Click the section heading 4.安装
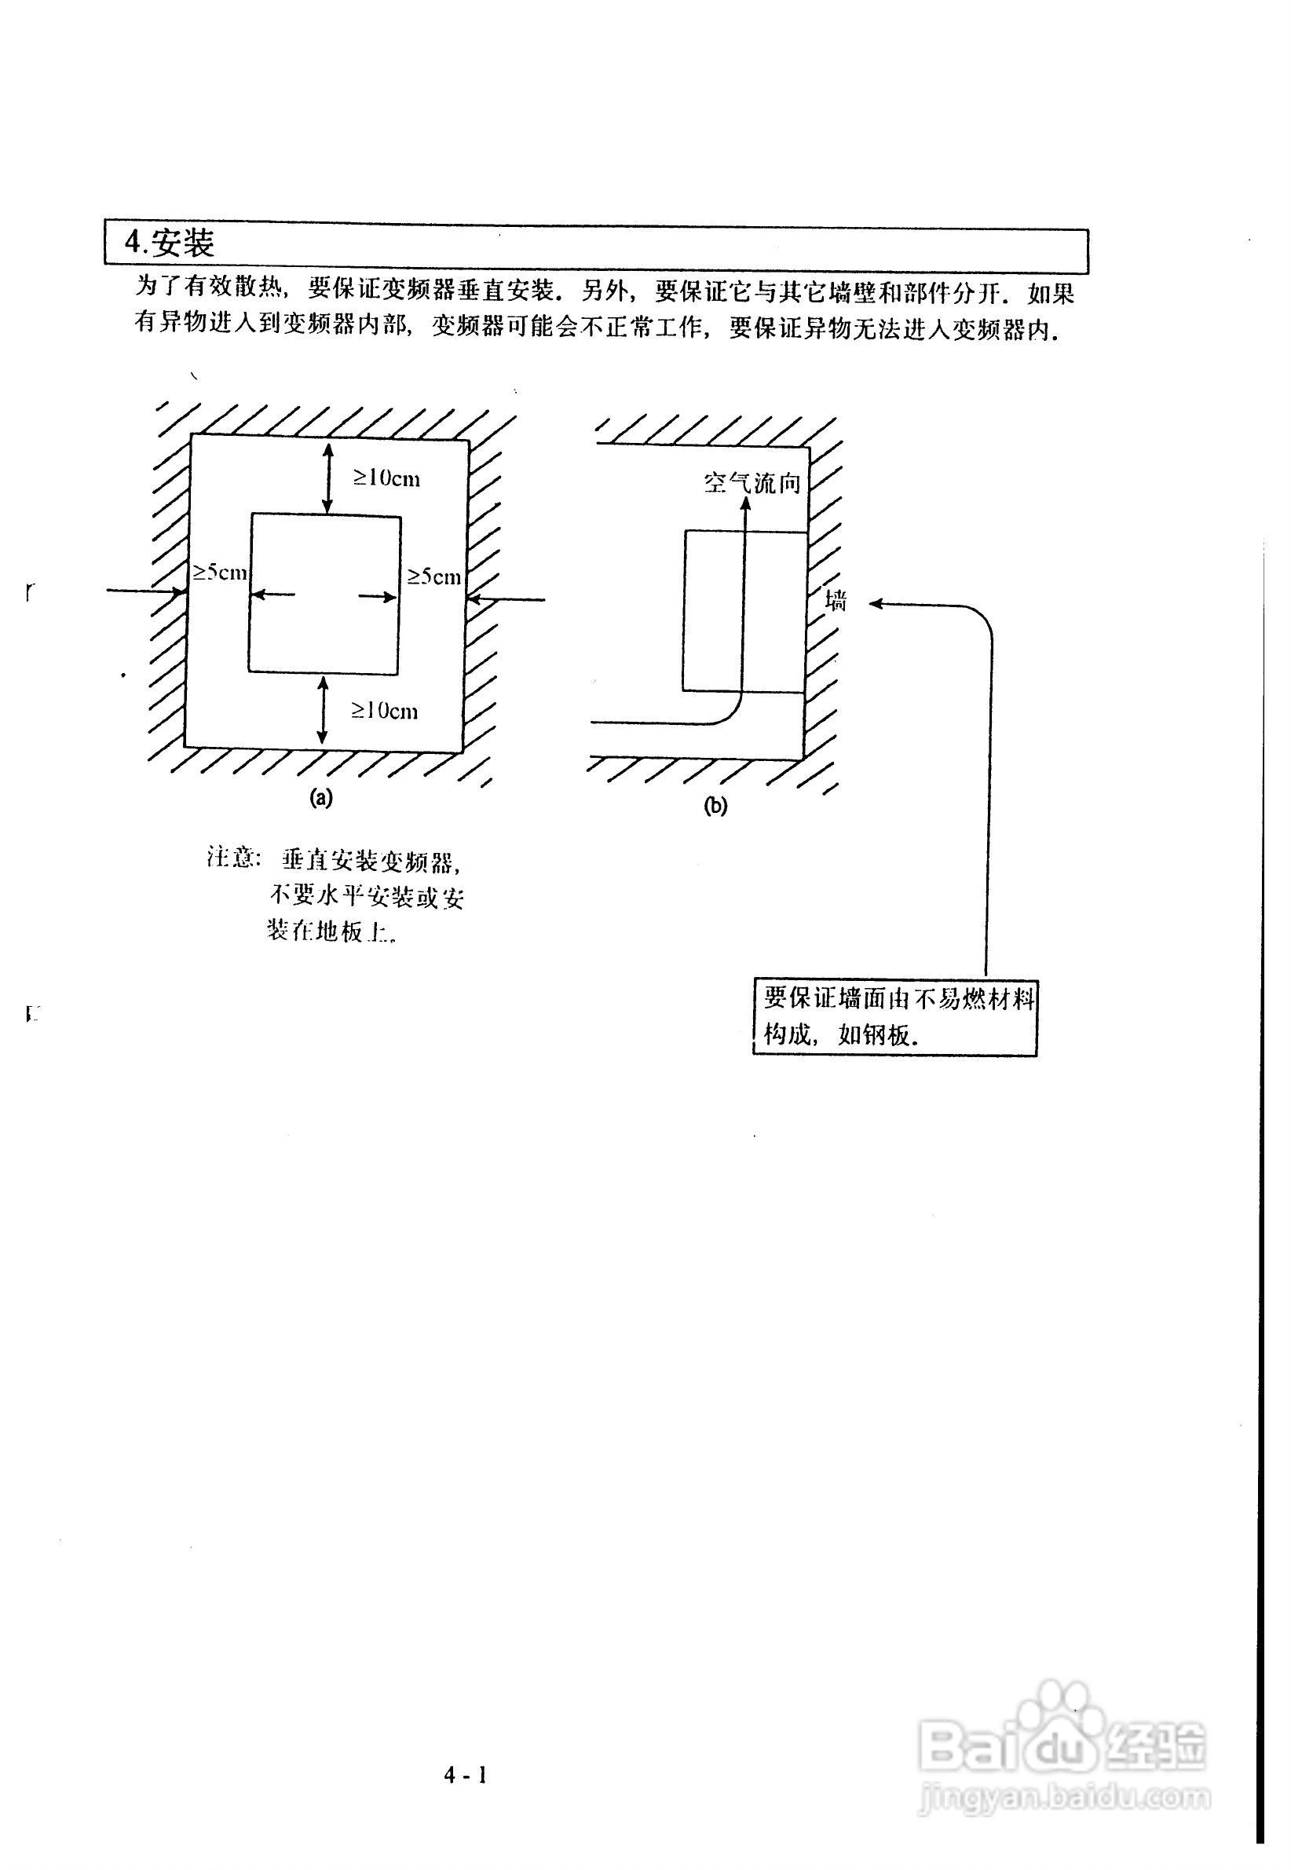[170, 243]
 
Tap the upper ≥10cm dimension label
[386, 479]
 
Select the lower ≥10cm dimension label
[384, 711]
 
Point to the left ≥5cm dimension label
[218, 573]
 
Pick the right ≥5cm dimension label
[433, 576]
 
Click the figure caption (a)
[321, 798]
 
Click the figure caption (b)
[716, 807]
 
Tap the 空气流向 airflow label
[752, 484]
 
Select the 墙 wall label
[836, 601]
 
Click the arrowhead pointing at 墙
[876, 603]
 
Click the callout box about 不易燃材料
[894, 1018]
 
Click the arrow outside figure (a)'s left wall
[145, 592]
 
